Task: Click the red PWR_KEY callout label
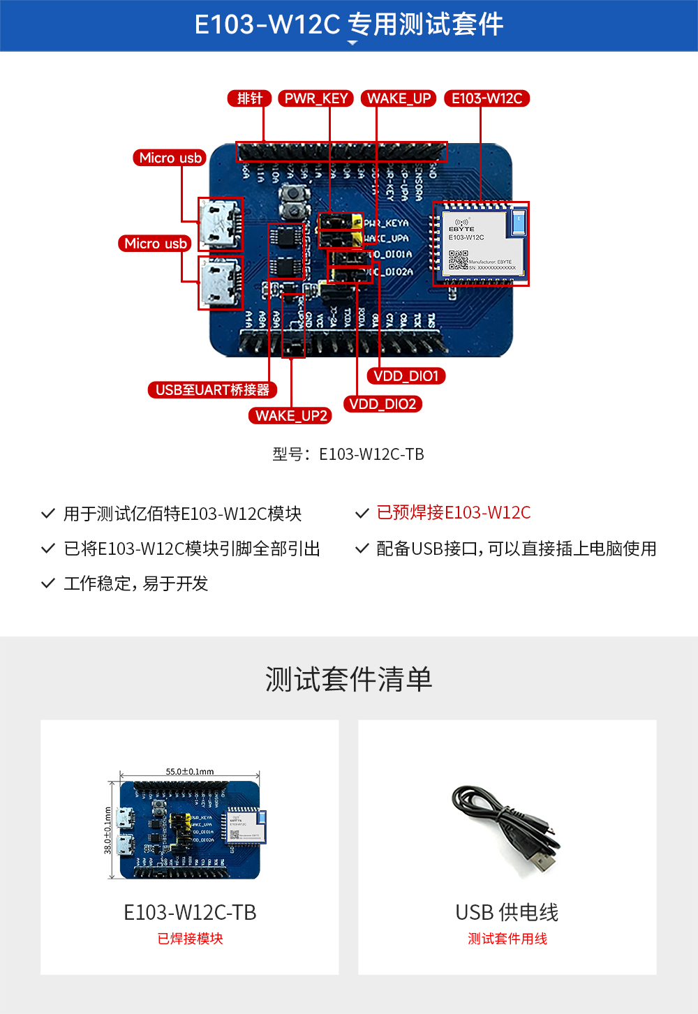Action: pos(316,98)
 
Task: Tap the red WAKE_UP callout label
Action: pos(399,98)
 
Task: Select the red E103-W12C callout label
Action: pos(487,98)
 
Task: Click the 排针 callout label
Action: pos(249,98)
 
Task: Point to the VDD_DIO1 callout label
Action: pos(406,376)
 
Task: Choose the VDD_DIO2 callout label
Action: pos(383,404)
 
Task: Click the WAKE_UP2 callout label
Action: pos(290,416)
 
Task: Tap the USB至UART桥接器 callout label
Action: pos(212,389)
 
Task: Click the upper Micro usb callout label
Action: pos(170,158)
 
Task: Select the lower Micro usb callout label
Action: pos(155,244)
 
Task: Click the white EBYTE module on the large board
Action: pos(480,244)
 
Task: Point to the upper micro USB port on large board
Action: pos(221,224)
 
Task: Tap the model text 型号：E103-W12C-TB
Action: pos(348,454)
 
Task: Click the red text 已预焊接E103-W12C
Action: pos(453,513)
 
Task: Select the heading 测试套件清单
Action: pos(348,679)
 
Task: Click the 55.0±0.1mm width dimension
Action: pos(190,771)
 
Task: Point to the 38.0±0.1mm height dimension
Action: pos(107,830)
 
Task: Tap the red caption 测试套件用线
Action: pos(507,939)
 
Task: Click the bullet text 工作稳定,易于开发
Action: pos(135,583)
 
